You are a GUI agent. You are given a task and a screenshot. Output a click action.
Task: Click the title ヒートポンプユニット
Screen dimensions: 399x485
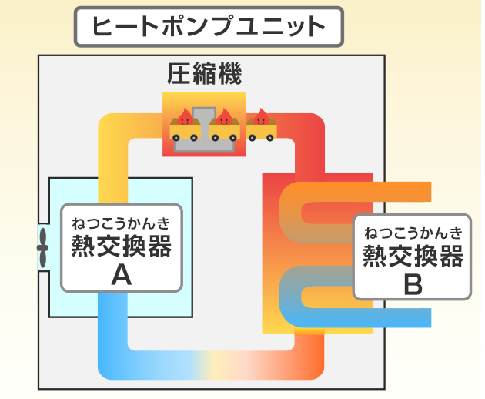point(208,27)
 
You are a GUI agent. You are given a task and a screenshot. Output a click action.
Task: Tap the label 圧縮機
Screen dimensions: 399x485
point(204,74)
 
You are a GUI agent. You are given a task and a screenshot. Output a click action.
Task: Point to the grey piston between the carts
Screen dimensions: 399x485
point(204,131)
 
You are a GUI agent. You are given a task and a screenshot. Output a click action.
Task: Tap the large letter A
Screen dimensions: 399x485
point(121,274)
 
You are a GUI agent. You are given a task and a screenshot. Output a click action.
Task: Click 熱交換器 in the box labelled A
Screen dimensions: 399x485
point(121,247)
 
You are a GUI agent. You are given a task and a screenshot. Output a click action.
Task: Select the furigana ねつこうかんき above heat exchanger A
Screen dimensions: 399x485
point(121,223)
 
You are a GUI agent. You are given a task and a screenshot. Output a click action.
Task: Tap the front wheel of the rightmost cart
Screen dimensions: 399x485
point(269,137)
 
